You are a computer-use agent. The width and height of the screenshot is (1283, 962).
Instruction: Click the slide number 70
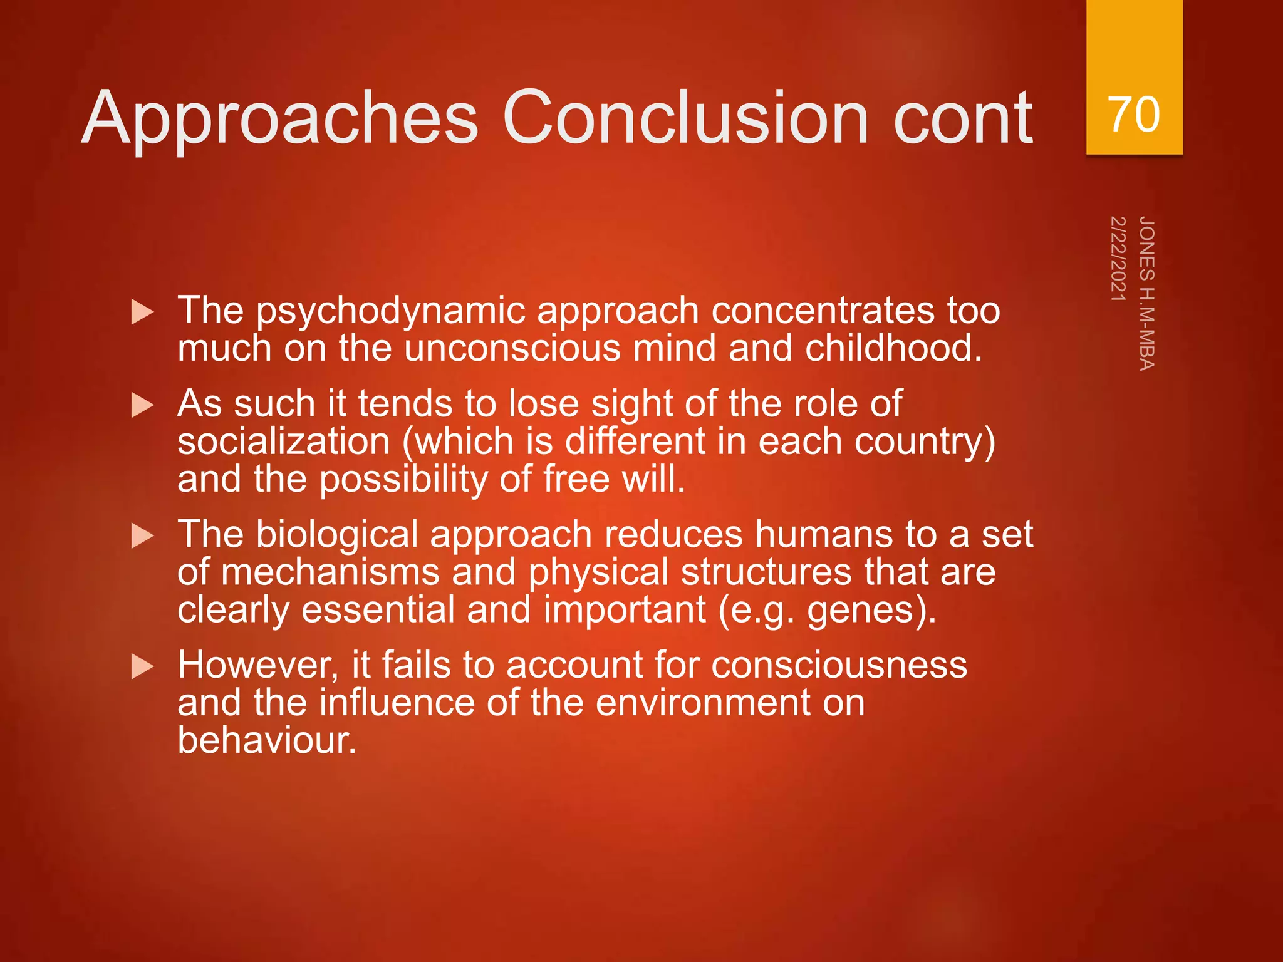point(1134,115)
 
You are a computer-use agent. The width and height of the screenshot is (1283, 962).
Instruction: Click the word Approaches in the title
point(280,119)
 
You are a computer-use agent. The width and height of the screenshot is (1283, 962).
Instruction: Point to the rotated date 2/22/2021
point(1118,259)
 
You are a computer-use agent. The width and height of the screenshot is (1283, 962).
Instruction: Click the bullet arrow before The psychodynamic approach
point(143,311)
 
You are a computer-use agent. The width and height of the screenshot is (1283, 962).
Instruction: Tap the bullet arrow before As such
point(143,405)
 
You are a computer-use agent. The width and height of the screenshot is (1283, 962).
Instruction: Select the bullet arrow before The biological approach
point(143,535)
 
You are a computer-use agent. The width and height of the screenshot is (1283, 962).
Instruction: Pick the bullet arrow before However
point(143,666)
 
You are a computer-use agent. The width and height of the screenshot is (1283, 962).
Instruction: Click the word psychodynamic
point(390,311)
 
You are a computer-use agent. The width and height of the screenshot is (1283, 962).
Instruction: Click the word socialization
point(283,442)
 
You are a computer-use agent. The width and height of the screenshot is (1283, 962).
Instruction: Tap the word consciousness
point(839,665)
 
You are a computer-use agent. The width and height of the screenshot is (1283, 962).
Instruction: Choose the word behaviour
point(266,740)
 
